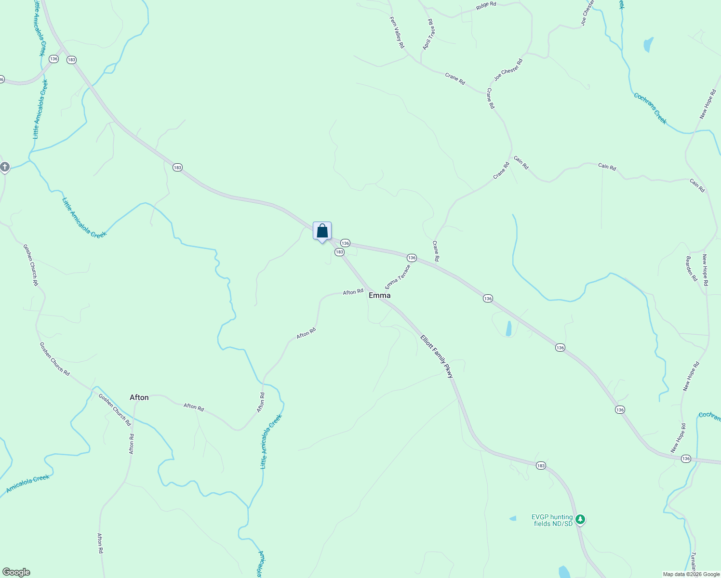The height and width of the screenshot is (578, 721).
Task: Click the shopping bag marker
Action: click(x=322, y=231)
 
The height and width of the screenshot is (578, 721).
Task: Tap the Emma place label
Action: click(x=379, y=295)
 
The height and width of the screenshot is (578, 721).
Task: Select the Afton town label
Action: click(x=139, y=397)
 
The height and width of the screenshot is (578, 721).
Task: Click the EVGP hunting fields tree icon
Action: click(x=581, y=519)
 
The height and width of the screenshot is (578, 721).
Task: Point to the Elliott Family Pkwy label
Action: click(x=437, y=356)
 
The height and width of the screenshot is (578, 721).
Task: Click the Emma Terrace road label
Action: click(x=398, y=277)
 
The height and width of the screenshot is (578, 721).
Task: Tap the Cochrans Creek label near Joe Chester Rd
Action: click(x=651, y=108)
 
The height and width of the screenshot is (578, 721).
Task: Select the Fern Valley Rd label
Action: click(x=397, y=32)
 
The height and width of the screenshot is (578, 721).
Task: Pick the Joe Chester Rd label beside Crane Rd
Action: click(x=508, y=70)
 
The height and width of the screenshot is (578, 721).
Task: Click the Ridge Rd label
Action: click(x=486, y=5)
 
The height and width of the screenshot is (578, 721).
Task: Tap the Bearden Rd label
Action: click(x=691, y=269)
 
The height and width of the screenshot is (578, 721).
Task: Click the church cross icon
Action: click(x=5, y=167)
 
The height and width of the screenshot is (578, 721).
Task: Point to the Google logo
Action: click(x=16, y=572)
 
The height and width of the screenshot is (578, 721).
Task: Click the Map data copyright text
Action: click(x=691, y=574)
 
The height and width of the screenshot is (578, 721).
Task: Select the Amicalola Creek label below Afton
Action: click(x=28, y=484)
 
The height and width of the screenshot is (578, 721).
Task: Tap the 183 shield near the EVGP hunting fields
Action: click(x=541, y=465)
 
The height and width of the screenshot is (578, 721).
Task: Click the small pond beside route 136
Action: click(x=508, y=328)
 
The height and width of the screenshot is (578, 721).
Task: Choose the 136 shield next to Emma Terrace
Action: click(x=411, y=258)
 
